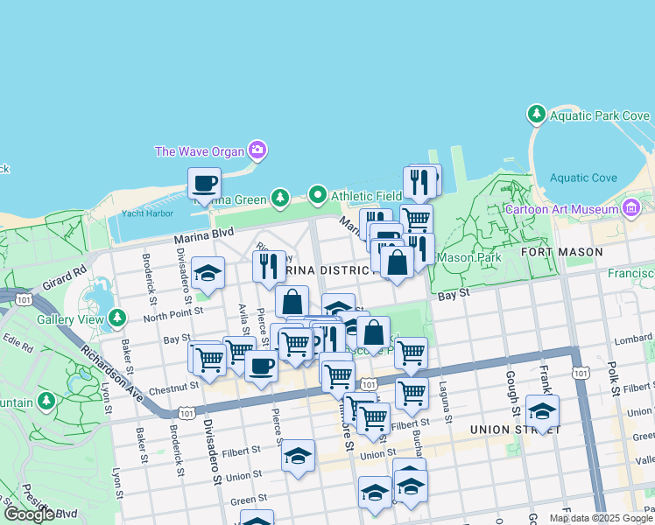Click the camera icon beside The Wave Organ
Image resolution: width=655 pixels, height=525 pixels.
pyautogui.click(x=257, y=150)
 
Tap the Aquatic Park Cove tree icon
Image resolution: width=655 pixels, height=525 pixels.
pyautogui.click(x=537, y=115)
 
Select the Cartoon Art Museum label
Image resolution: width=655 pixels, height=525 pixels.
pyautogui.click(x=561, y=209)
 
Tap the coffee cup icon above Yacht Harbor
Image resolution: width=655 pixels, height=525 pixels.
pyautogui.click(x=205, y=184)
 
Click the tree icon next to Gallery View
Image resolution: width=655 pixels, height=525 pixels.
pyautogui.click(x=116, y=319)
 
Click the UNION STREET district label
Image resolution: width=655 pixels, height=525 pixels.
pyautogui.click(x=513, y=430)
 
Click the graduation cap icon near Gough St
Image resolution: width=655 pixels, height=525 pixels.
pyautogui.click(x=542, y=412)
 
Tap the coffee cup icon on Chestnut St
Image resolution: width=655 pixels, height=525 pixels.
pyautogui.click(x=260, y=367)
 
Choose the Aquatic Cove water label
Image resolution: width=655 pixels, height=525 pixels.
pyautogui.click(x=582, y=178)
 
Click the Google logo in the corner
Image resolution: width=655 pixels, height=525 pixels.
pyautogui.click(x=30, y=514)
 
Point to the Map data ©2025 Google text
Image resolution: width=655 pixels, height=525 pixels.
pyautogui.click(x=601, y=518)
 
